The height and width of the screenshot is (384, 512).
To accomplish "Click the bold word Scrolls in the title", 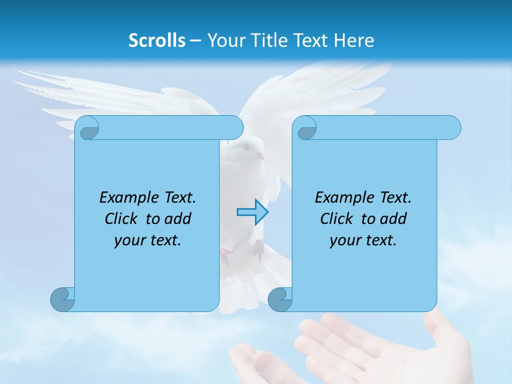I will coord(157,41).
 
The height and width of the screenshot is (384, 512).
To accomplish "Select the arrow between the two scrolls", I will coord(252,212).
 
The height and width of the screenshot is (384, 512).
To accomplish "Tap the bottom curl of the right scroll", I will coord(280,299).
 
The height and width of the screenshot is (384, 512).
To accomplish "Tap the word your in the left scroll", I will coord(130,241).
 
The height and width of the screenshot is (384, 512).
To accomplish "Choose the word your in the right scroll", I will coord(345,241).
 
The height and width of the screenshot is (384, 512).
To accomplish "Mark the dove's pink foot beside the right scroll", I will coord(260,248).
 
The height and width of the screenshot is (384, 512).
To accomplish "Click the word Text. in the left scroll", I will coord(179,198).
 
